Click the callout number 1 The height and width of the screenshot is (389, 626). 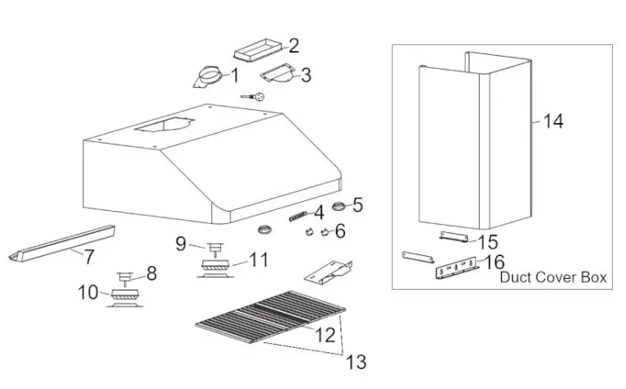(x=233, y=76)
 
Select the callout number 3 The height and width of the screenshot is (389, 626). (x=306, y=76)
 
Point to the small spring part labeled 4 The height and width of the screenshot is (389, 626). (x=297, y=217)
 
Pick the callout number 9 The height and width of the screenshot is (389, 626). (x=88, y=291)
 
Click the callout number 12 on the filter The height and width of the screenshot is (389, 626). (x=356, y=362)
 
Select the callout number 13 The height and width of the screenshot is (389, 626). (x=554, y=121)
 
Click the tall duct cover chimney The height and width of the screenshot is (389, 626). (x=468, y=140)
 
